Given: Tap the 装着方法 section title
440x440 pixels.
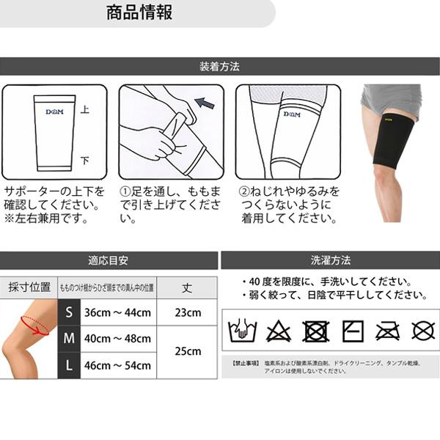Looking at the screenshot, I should pyautogui.click(x=219, y=67).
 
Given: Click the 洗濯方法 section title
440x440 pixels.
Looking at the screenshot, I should pyautogui.click(x=330, y=260).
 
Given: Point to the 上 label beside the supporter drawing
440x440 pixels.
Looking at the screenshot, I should pyautogui.click(x=85, y=109).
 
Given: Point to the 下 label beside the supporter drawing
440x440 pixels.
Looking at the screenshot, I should pyautogui.click(x=85, y=160).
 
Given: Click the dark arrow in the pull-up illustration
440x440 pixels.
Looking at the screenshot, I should pyautogui.click(x=205, y=103).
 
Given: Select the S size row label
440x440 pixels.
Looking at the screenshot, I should pyautogui.click(x=69, y=312).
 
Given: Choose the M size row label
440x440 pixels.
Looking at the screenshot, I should pyautogui.click(x=69, y=339).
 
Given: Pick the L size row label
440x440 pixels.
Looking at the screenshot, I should pyautogui.click(x=69, y=365).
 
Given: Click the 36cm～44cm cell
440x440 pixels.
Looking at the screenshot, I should pyautogui.click(x=117, y=312).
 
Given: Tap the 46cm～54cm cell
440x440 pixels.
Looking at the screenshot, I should pyautogui.click(x=117, y=365).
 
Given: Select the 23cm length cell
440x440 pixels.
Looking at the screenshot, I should pyautogui.click(x=188, y=312).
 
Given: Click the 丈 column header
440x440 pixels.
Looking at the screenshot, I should pyautogui.click(x=188, y=287).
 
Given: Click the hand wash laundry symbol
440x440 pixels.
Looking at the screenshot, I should pyautogui.click(x=243, y=331).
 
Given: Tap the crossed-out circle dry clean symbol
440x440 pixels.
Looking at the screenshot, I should pyautogui.click(x=423, y=331).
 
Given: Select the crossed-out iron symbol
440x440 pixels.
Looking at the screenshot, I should pyautogui.click(x=387, y=331).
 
